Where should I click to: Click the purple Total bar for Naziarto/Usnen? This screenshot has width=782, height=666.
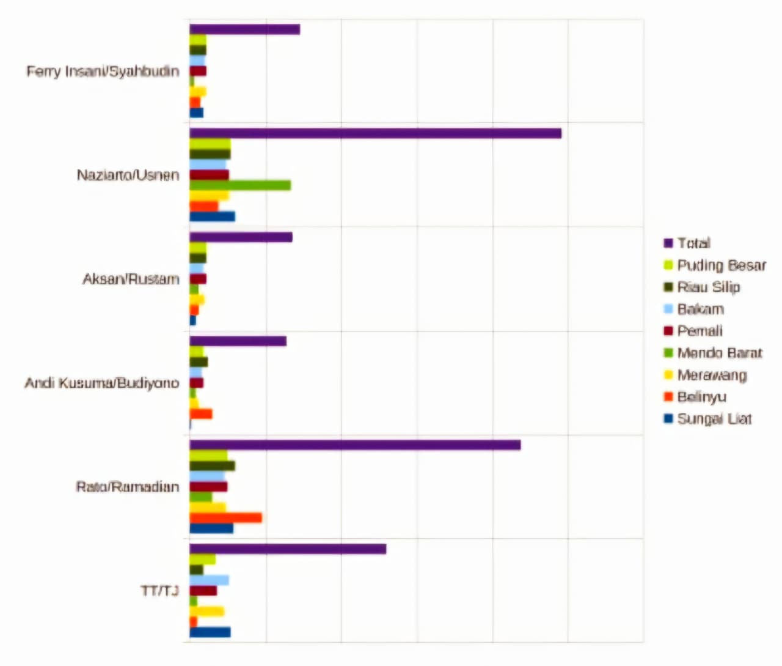pos(375,133)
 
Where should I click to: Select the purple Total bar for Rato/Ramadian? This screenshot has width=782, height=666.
pos(355,445)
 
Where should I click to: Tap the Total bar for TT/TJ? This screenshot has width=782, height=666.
pos(288,549)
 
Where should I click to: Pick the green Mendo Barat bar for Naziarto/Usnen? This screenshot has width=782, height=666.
pos(240,185)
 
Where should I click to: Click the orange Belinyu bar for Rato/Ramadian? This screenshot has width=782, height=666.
pos(225,518)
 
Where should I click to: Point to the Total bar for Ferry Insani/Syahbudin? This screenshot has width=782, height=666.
pos(244,29)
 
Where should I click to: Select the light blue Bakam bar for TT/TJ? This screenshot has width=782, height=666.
pos(209,580)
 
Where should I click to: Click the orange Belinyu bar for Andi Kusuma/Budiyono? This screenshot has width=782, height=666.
pos(201,414)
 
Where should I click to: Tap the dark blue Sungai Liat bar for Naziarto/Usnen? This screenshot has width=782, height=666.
pos(212,216)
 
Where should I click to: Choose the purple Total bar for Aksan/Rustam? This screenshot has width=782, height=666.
pos(241,237)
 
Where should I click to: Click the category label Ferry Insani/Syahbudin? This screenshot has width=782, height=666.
pos(103,72)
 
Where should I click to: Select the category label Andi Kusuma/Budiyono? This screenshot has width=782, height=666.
pos(101,383)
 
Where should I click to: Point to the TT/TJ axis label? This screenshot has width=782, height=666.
pos(159,591)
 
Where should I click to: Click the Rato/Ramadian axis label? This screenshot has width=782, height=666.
pos(127,487)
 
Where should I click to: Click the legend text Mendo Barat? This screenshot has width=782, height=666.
pos(719,353)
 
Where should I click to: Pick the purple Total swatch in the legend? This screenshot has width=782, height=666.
pos(668,243)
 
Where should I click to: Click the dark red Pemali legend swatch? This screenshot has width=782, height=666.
pos(668,331)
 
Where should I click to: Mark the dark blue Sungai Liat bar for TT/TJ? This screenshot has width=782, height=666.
pos(210,632)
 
